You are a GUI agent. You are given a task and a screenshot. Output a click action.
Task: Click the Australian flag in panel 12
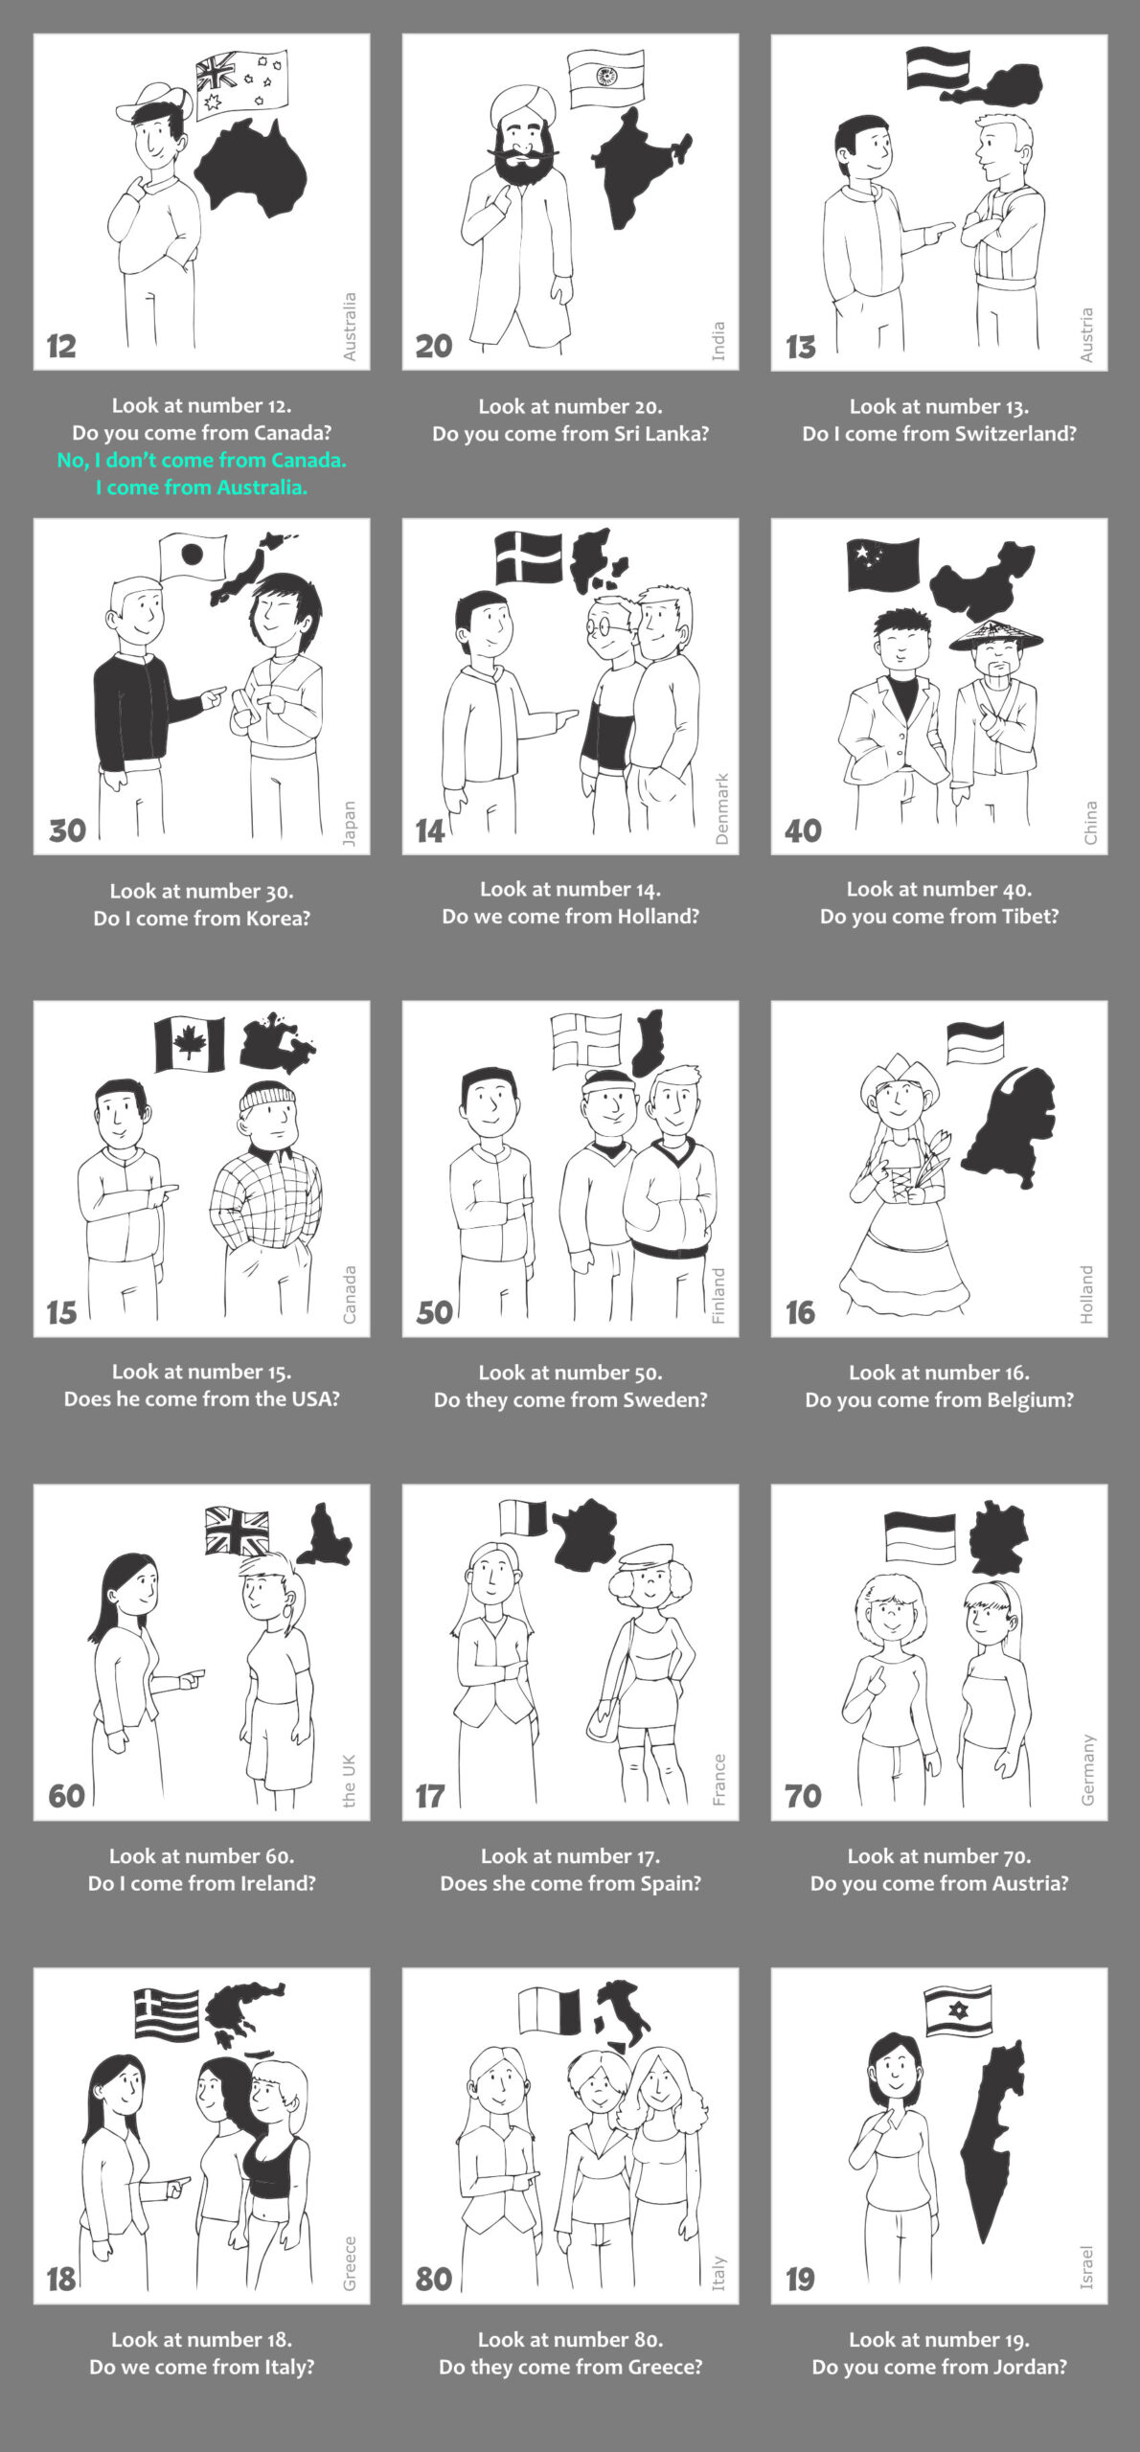coord(241,84)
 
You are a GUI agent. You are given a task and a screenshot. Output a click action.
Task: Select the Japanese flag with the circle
coord(194,557)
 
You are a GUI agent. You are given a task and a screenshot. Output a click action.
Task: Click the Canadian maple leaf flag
coord(190,1044)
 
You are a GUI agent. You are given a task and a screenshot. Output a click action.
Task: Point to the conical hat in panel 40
coord(995,635)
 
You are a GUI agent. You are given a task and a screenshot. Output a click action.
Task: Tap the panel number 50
coord(434,1312)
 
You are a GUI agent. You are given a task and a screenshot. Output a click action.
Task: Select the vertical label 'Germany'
coord(1087,1769)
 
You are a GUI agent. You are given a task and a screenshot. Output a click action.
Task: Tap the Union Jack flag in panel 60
coord(238,1531)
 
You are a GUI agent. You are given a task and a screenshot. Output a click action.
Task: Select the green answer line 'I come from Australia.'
coord(201,488)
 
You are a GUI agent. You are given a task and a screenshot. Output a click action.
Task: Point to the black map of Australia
coord(251,167)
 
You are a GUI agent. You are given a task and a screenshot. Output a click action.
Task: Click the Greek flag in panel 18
coord(167,2014)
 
